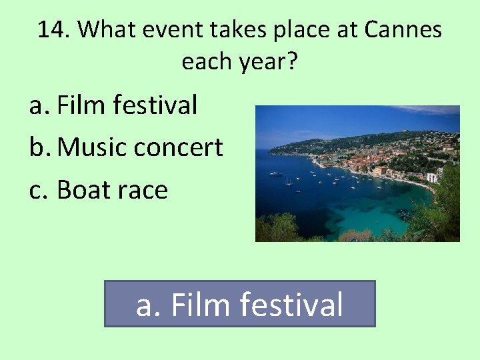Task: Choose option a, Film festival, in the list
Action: (x=113, y=105)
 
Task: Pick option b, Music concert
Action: (x=126, y=147)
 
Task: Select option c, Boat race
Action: (x=99, y=190)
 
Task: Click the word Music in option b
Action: (x=92, y=147)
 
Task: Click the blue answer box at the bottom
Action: (x=240, y=303)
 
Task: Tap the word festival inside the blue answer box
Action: (x=291, y=305)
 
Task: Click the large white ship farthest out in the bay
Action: (x=275, y=173)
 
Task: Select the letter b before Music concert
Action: (x=37, y=147)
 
